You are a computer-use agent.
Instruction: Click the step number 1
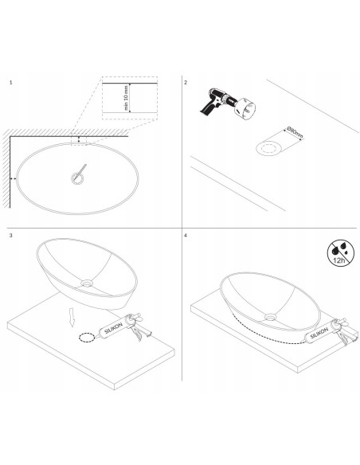(11, 83)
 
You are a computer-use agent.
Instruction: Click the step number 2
(186, 83)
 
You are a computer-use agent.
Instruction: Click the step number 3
(11, 236)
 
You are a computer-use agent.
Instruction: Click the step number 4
(186, 236)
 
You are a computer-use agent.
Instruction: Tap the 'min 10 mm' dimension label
(126, 98)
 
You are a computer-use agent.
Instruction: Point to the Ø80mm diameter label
(295, 133)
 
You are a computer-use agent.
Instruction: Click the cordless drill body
(216, 101)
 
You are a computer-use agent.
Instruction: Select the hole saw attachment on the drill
(245, 109)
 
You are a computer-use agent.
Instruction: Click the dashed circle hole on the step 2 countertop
(269, 148)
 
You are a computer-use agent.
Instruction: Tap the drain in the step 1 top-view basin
(77, 178)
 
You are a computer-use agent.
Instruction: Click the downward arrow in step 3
(72, 318)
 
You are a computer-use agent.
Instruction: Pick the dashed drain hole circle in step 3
(87, 338)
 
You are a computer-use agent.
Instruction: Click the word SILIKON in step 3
(113, 329)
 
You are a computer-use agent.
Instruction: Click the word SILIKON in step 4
(319, 334)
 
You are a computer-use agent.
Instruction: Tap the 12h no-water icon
(341, 253)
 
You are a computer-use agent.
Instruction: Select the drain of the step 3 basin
(87, 283)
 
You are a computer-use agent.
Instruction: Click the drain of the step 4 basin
(271, 318)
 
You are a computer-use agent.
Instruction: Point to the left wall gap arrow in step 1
(13, 178)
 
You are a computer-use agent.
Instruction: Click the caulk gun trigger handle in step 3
(136, 334)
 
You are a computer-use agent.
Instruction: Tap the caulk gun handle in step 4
(343, 338)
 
